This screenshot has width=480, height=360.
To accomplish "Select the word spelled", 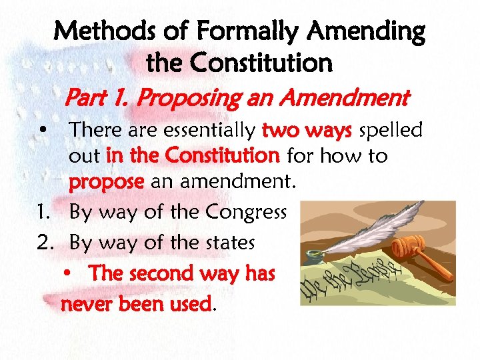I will [391, 130].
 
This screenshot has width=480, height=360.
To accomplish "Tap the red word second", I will [162, 273].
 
